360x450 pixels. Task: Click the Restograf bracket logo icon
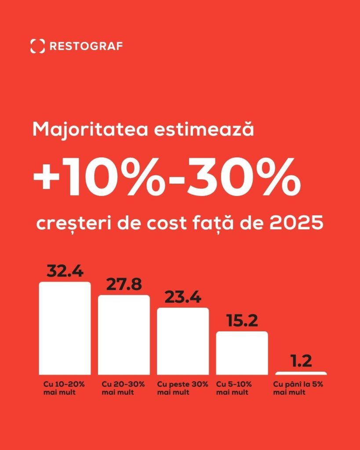click(37, 46)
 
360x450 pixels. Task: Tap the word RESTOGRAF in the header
click(86, 46)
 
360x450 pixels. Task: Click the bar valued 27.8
click(124, 334)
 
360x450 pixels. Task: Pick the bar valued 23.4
click(183, 341)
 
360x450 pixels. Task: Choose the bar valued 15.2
click(242, 352)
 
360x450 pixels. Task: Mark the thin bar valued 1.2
click(301, 373)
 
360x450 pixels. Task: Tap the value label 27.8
click(124, 285)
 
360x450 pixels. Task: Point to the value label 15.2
click(242, 321)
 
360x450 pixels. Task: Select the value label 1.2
click(301, 361)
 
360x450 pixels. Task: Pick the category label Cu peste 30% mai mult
click(182, 388)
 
